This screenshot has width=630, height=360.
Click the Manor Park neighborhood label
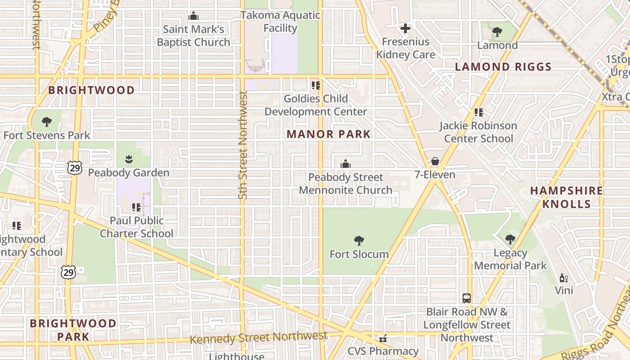pos(328,134)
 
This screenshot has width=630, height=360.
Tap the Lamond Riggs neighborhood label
pos(503,67)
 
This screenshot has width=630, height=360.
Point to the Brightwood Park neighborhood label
pos(73,329)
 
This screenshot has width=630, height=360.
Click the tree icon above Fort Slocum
pos(359,241)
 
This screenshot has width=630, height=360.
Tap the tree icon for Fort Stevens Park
pos(46,121)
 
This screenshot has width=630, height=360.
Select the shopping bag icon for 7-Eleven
pos(435,161)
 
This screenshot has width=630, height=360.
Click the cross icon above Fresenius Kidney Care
pos(405,28)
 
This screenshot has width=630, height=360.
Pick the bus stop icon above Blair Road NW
pos(467,298)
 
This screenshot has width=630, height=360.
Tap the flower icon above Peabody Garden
pos(129,159)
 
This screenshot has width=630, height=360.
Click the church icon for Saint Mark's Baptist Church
pos(193,16)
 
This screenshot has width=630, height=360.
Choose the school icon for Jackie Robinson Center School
pos(478,112)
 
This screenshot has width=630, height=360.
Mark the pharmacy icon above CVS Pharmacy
pos(383,338)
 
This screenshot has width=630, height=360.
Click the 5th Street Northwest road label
pos(243,145)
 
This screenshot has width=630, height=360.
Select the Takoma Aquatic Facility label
pos(280,22)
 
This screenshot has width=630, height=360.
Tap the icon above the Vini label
pos(563,278)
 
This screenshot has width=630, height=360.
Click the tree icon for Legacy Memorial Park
pos(510,239)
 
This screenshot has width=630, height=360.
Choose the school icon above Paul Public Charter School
pos(136,207)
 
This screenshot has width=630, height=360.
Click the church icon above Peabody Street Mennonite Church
pos(345,164)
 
